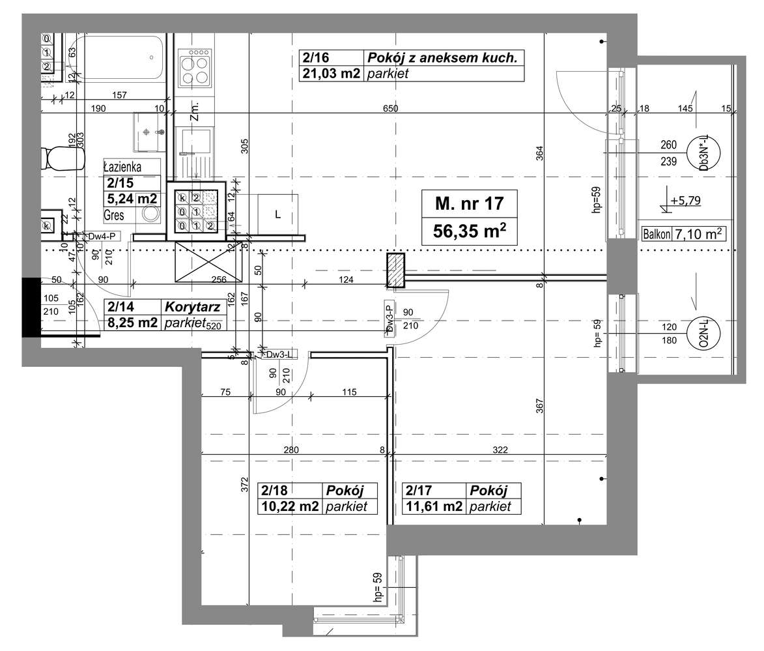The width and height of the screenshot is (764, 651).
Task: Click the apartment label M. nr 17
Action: (469, 203)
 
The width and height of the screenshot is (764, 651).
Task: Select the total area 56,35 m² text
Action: (469, 230)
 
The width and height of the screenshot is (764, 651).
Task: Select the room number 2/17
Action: (419, 491)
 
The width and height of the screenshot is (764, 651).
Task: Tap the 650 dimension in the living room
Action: (389, 109)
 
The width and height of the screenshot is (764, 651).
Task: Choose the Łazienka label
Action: (122, 166)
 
